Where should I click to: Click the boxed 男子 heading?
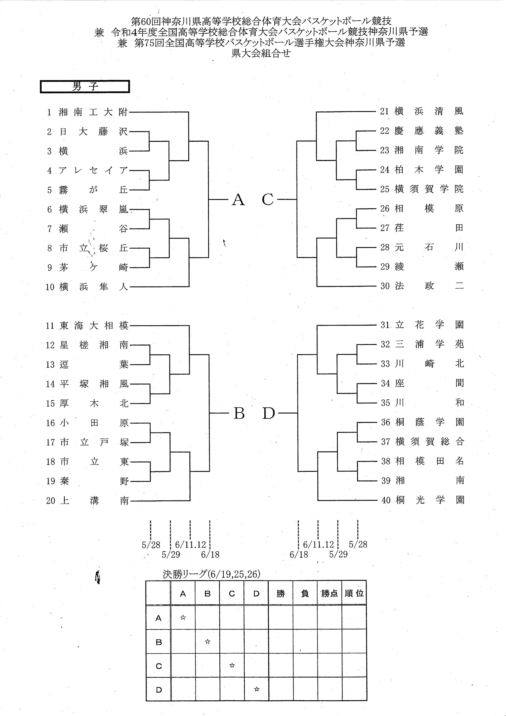point(85,87)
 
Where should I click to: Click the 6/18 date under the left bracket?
point(210,554)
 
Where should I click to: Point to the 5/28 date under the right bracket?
point(358,544)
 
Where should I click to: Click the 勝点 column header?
point(330,593)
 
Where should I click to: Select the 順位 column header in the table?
point(354,593)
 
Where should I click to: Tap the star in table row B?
point(208,641)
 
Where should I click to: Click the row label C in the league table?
point(159,666)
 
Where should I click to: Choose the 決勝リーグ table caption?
point(211,574)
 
